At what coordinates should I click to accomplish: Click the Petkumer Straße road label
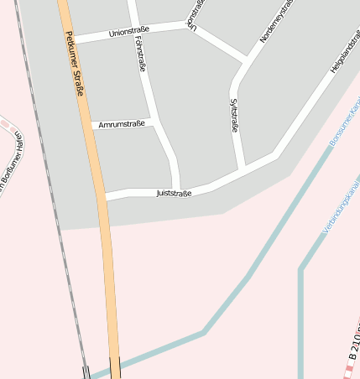coord(75,64)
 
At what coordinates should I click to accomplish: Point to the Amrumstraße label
coord(122,124)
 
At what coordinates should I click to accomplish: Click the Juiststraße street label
coord(174,193)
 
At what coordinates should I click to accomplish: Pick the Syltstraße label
coord(234,116)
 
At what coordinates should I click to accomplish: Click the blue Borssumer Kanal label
coord(344,122)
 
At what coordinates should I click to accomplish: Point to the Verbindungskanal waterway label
coord(341,206)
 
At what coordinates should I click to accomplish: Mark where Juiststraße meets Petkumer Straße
coord(105,197)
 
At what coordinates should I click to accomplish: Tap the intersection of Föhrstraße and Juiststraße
coord(177,189)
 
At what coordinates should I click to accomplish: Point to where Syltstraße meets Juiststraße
coord(243,169)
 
